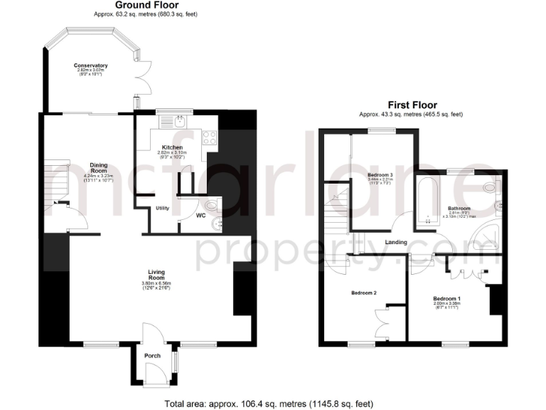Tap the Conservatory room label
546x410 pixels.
(x=90, y=66)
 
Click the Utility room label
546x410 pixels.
(x=162, y=208)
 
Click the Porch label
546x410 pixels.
(x=152, y=355)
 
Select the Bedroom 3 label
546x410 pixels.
(x=380, y=175)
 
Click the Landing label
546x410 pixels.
(x=396, y=242)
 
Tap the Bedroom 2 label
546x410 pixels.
(x=364, y=293)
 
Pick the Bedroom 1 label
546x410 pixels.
(x=447, y=299)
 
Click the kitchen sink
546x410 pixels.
(x=181, y=121)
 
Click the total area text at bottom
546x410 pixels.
(x=268, y=404)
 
